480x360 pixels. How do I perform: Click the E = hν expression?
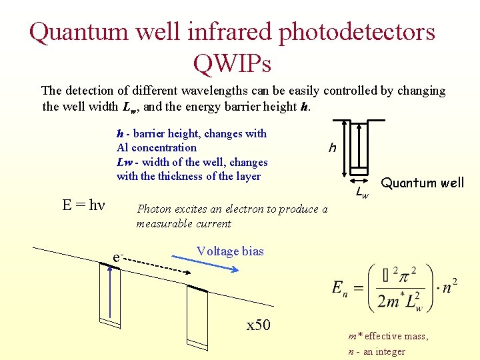click(x=83, y=205)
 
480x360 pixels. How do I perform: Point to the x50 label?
click(x=258, y=325)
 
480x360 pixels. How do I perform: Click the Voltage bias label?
click(x=230, y=251)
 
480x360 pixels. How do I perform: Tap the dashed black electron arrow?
click(x=157, y=263)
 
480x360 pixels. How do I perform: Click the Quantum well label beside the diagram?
click(x=422, y=183)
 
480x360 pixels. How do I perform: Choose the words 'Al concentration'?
click(x=157, y=148)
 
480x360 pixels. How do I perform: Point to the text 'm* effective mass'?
click(x=388, y=337)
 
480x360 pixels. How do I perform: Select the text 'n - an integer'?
click(x=377, y=351)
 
